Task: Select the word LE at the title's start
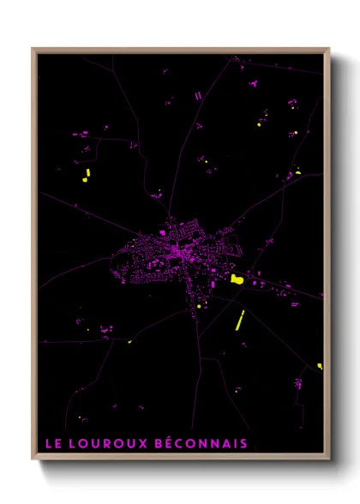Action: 52,443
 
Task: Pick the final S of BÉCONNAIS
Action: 244,443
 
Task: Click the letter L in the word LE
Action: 48,443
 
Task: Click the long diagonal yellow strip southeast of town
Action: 240,320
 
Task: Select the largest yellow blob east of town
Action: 237,279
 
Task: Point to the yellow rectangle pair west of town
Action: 86,177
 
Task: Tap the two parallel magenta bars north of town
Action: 199,95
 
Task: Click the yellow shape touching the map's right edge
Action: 320,366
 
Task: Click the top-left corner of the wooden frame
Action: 33,50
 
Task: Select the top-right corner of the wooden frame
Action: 329,50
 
